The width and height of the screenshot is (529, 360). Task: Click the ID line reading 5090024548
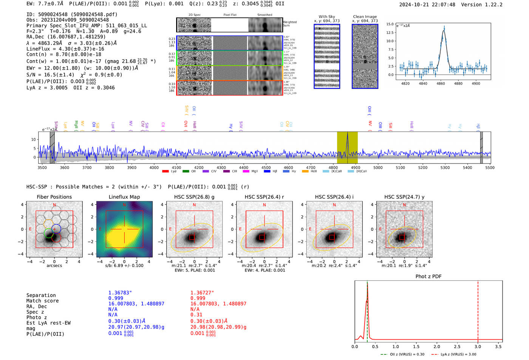(x=72, y=14)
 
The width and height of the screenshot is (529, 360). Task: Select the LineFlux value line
(x=65, y=49)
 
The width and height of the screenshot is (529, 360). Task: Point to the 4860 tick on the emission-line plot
(x=441, y=83)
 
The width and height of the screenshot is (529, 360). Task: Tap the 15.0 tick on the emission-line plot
(x=390, y=24)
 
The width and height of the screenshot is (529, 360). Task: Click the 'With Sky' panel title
(x=327, y=17)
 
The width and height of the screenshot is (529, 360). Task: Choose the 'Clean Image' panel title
(x=365, y=17)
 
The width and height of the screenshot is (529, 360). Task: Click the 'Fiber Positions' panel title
(x=54, y=197)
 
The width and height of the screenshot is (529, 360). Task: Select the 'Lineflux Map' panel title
(x=124, y=197)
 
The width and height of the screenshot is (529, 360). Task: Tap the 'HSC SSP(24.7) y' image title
(x=404, y=197)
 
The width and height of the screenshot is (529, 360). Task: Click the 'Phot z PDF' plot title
(x=428, y=277)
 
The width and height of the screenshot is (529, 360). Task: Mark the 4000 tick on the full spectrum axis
(x=154, y=167)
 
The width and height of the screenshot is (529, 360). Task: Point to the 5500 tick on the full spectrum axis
(x=490, y=167)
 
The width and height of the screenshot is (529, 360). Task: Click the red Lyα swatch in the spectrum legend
(x=165, y=172)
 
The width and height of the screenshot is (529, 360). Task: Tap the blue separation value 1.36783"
(x=120, y=293)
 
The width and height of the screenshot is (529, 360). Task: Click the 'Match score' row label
(x=42, y=301)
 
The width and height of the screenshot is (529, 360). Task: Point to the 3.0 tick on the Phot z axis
(x=478, y=346)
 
